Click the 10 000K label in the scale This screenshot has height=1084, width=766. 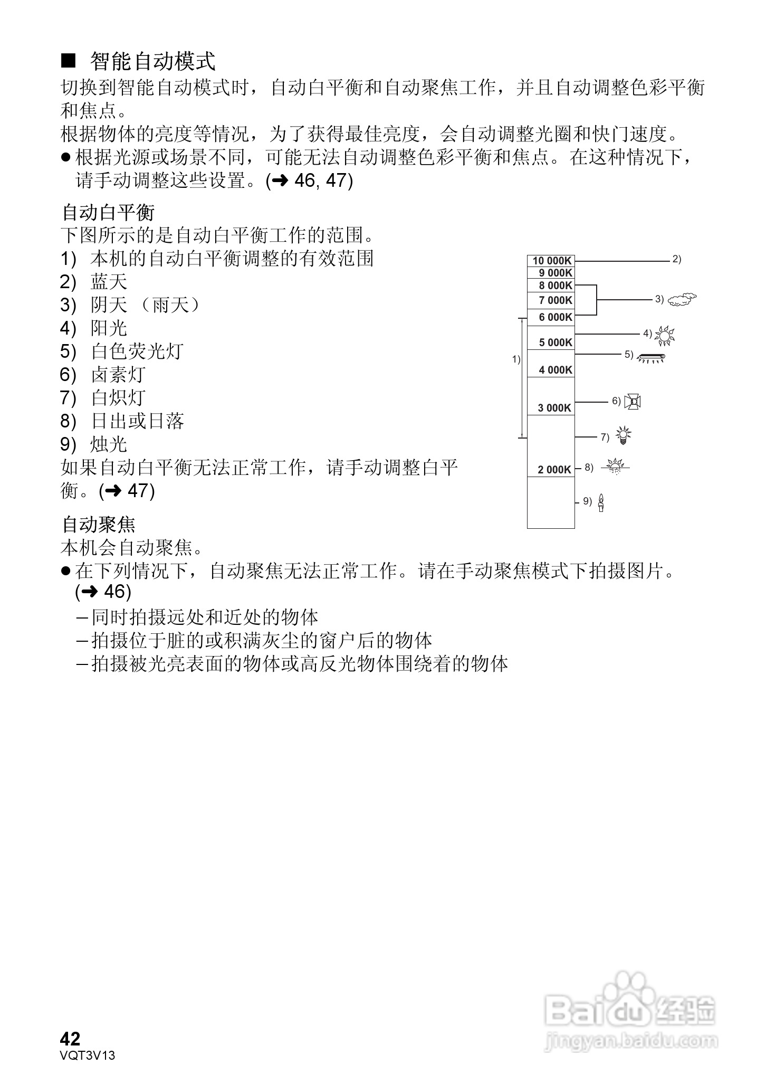(551, 261)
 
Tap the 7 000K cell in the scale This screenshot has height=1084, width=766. (555, 300)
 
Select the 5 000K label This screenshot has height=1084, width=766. (555, 343)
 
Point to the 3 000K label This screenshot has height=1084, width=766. (554, 408)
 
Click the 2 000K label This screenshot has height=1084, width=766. (554, 470)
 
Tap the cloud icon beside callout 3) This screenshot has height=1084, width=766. (682, 300)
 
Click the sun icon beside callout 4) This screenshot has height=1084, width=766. (664, 335)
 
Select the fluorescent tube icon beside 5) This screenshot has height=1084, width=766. (651, 357)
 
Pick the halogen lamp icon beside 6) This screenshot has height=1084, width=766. (633, 402)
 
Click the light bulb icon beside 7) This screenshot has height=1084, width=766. (624, 435)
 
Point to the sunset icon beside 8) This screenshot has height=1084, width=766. (615, 467)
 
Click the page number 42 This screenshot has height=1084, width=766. (70, 1039)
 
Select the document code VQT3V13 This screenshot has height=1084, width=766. (88, 1056)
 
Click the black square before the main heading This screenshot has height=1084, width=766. (69, 61)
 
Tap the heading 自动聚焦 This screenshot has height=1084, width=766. (99, 525)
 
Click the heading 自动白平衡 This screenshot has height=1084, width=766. (108, 213)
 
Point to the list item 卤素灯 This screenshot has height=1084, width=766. (118, 375)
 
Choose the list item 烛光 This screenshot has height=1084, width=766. (109, 444)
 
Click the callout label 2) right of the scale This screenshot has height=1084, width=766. (677, 260)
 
